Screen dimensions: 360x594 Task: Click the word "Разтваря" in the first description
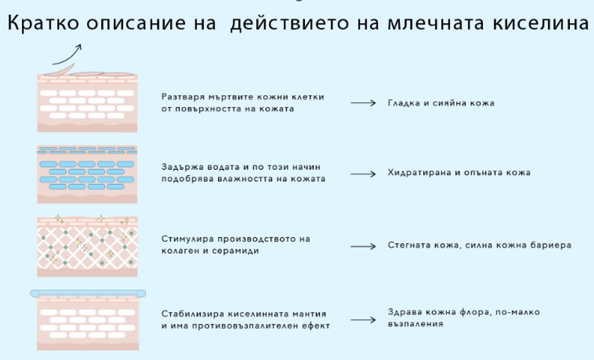tap(181, 97)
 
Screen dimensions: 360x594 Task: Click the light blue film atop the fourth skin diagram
tap(88, 293)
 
